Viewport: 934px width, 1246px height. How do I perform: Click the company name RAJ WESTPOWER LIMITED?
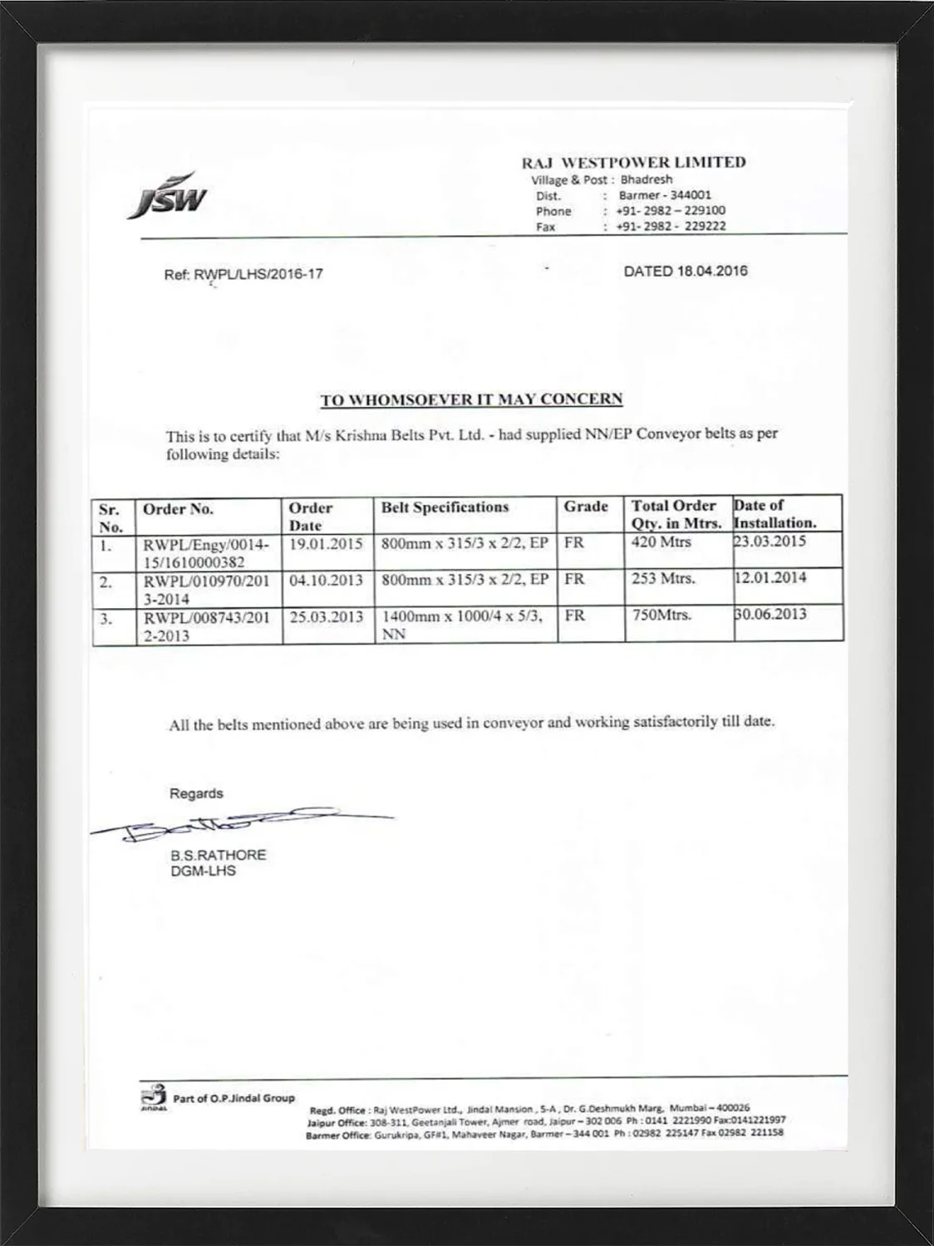(x=633, y=162)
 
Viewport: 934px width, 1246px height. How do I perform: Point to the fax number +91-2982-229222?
(x=671, y=226)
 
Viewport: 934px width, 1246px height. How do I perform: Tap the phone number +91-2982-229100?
(x=671, y=211)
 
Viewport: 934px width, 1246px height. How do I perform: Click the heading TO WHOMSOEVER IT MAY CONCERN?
(x=471, y=400)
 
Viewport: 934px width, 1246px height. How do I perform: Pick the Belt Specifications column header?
(x=445, y=508)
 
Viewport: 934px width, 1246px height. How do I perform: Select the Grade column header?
(x=586, y=507)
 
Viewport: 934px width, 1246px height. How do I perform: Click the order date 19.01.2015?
(x=326, y=545)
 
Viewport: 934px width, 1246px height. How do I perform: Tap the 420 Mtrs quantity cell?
(x=661, y=542)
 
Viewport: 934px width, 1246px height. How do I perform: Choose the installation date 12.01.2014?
(x=770, y=577)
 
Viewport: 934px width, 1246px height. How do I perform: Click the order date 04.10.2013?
(x=326, y=580)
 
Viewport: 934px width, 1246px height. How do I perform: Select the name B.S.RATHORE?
(x=218, y=855)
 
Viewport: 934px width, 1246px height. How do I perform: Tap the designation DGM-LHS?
(x=203, y=871)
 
